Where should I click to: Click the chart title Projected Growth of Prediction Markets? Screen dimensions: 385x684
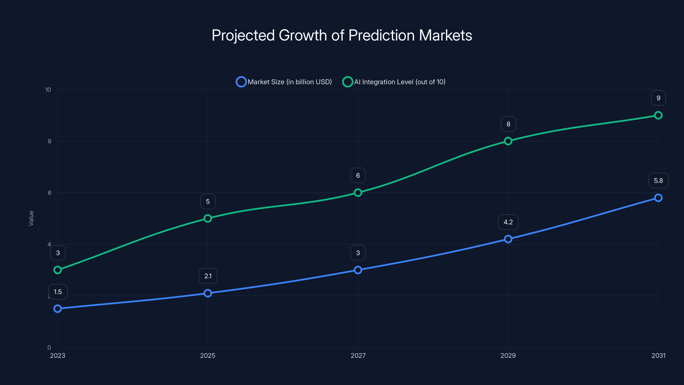click(342, 35)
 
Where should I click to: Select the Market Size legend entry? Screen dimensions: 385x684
click(284, 82)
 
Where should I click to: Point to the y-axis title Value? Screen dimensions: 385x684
click(31, 218)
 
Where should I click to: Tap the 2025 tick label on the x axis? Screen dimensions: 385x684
click(208, 355)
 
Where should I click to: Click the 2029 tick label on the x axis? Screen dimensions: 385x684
click(508, 355)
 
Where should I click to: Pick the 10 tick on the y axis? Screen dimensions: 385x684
click(48, 90)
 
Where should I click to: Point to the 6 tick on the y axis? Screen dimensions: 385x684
click(49, 193)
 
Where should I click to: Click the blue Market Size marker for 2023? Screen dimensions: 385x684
click(58, 308)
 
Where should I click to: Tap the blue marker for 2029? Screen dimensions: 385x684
click(508, 239)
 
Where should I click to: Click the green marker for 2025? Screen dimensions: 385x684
click(208, 218)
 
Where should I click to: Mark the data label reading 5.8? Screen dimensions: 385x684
click(658, 181)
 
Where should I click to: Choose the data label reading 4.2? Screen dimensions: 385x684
click(508, 222)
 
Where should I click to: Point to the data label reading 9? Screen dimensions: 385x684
click(658, 98)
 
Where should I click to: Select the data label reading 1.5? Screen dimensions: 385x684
click(58, 292)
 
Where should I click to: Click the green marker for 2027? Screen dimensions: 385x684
click(358, 193)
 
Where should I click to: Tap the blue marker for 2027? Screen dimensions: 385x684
click(358, 270)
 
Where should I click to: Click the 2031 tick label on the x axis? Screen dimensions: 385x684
click(658, 355)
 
